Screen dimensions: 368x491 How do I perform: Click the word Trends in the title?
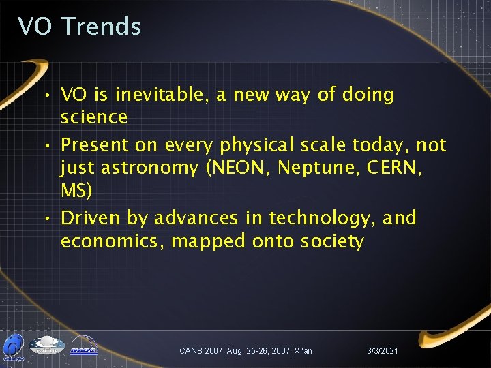coord(101,27)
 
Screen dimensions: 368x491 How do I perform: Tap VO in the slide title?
coord(35,27)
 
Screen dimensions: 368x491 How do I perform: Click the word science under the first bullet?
coord(94,117)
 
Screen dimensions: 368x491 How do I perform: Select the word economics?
coord(111,241)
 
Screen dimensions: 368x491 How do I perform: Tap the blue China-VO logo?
coord(13,346)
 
